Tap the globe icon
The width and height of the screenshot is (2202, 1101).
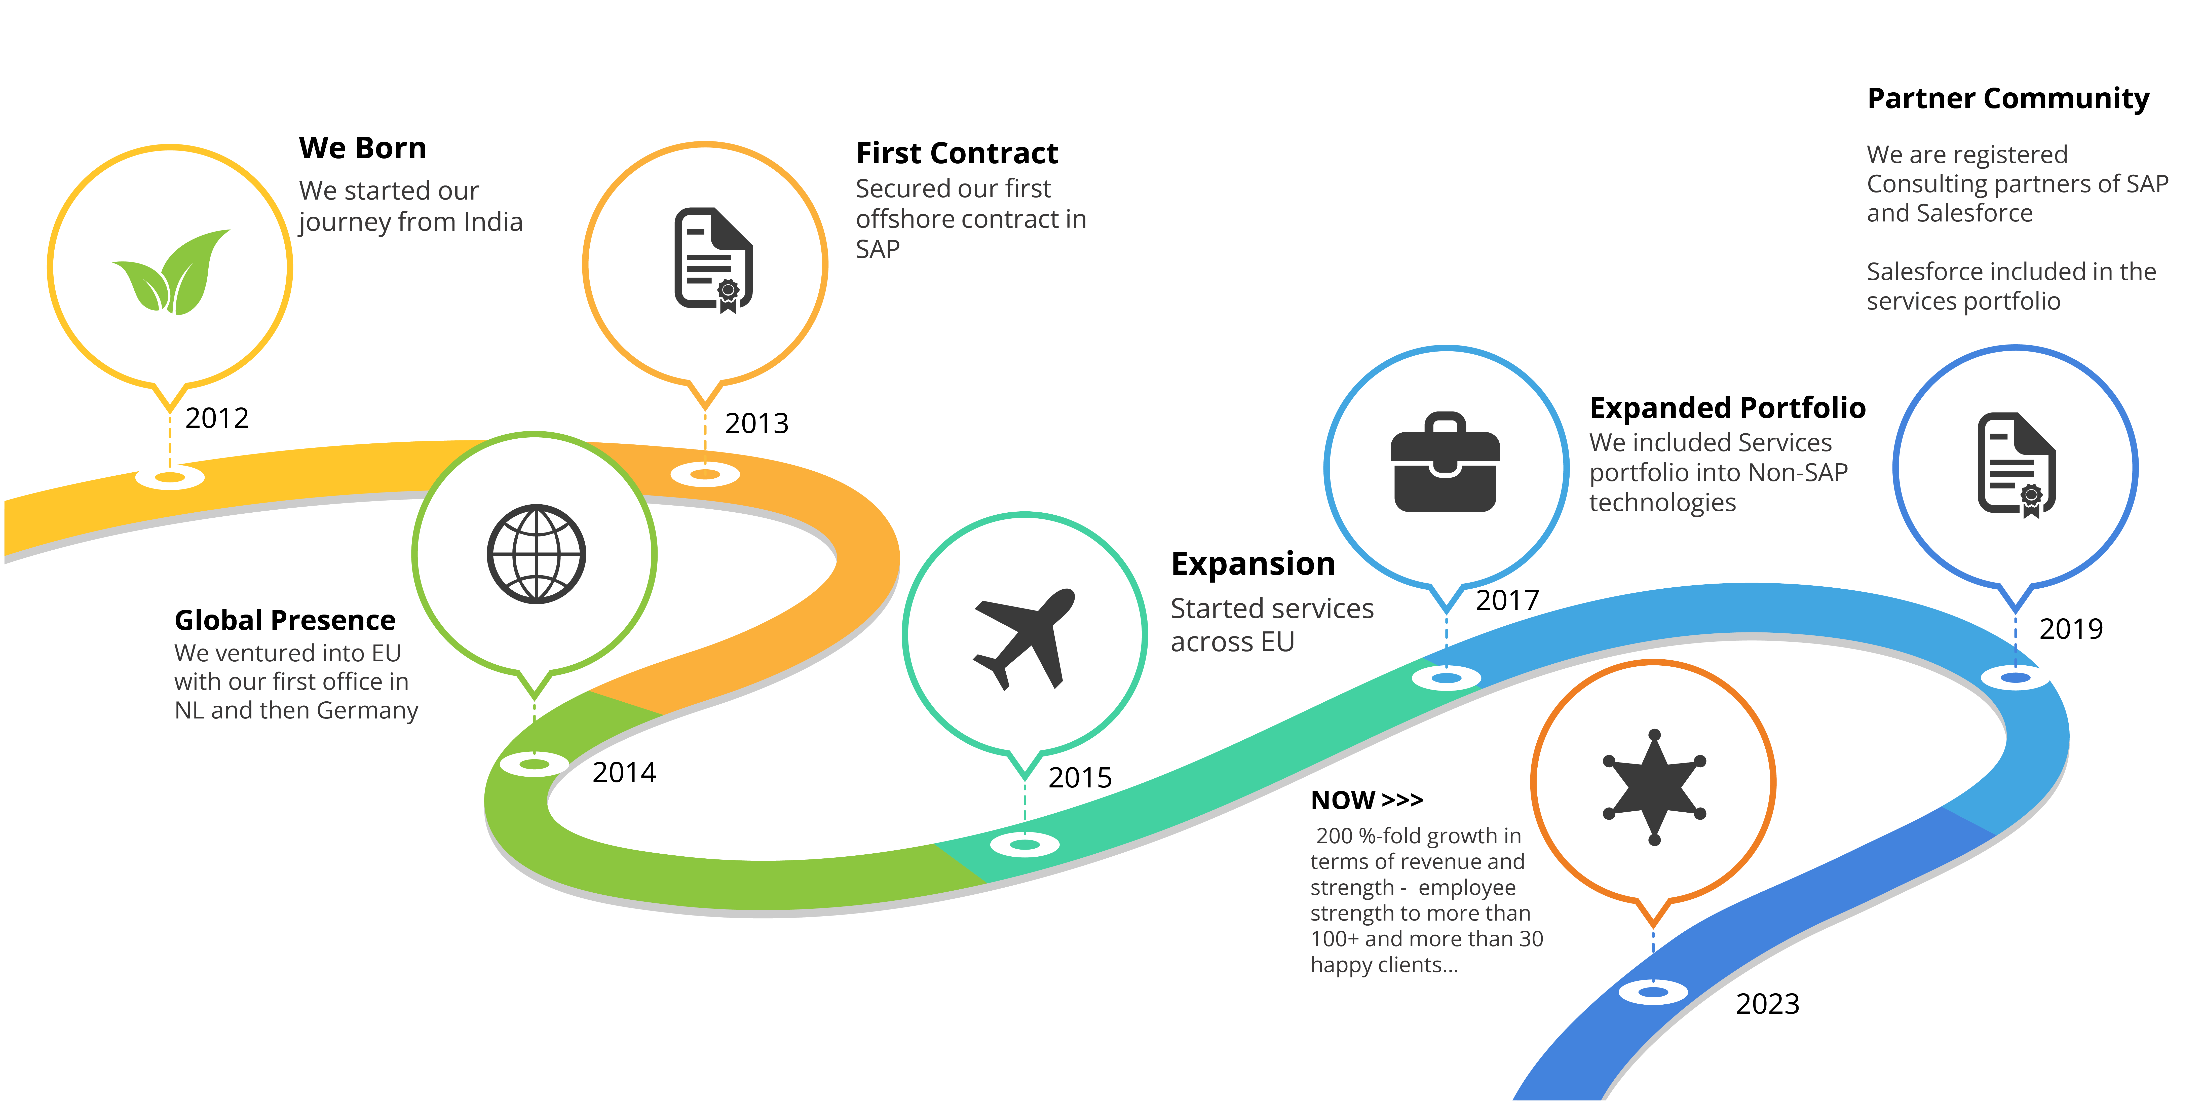[536, 554]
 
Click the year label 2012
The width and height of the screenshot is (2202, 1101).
[217, 418]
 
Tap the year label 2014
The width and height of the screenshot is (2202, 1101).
[624, 772]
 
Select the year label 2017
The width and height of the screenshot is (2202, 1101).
[1507, 600]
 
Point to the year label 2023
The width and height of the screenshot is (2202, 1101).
[1767, 1004]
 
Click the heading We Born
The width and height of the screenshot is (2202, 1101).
[362, 148]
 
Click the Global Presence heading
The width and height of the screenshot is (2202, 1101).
[285, 620]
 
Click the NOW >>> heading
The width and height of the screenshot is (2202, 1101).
[1367, 800]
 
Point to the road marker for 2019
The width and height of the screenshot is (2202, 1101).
[2016, 678]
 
